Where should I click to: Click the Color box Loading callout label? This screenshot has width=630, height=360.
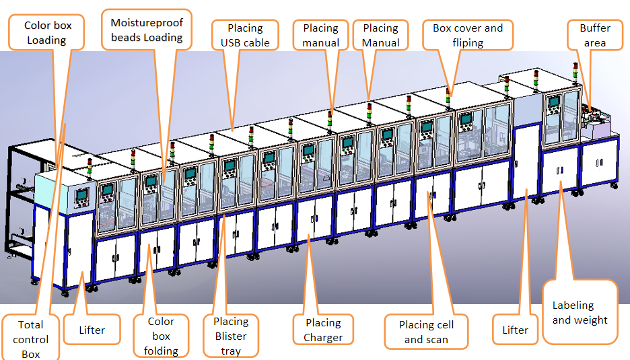tap(46, 32)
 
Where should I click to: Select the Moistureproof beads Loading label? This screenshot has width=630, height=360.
tap(147, 30)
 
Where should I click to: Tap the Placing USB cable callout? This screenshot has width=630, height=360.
tap(245, 36)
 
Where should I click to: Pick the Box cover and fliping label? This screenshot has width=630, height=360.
tap(468, 36)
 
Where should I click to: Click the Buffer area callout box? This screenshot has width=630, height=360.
tap(594, 36)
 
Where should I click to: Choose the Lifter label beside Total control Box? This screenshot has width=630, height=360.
tap(92, 330)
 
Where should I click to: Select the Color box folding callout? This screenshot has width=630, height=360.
tap(161, 336)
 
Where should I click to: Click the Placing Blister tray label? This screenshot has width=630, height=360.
tap(231, 336)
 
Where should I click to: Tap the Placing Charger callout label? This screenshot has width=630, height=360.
tap(323, 330)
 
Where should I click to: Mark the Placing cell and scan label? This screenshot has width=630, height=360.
tap(426, 332)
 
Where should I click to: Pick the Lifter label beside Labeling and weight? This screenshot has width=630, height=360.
tap(515, 330)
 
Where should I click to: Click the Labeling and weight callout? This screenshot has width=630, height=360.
tap(580, 313)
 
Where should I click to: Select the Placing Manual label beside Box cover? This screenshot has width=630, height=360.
tap(380, 36)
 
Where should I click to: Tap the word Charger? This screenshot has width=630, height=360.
tap(323, 338)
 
